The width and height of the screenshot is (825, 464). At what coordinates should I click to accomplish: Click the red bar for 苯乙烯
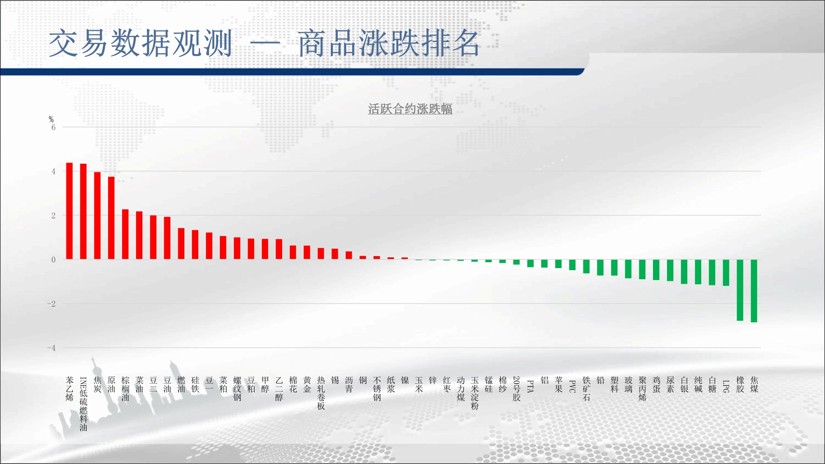[x=69, y=211]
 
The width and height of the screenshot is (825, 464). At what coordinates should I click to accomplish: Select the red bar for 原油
[x=111, y=218]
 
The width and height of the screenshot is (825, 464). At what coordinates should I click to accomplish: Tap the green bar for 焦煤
[x=754, y=291]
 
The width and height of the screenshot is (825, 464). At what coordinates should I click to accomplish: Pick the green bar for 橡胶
[x=740, y=290]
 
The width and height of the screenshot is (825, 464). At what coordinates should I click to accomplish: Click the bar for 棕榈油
[x=125, y=234]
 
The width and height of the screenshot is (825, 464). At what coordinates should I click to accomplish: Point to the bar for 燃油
[x=181, y=244]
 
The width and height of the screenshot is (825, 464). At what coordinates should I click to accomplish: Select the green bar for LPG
[x=726, y=273]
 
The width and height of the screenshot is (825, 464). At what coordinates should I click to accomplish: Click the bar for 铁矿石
[x=586, y=266]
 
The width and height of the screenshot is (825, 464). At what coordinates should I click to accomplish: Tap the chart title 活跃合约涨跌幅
[x=410, y=109]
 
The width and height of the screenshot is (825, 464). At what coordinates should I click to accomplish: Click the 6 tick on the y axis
[x=53, y=127]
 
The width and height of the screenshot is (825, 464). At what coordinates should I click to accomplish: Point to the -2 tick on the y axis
[x=51, y=304]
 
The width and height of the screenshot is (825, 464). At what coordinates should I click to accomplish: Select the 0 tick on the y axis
[x=53, y=260]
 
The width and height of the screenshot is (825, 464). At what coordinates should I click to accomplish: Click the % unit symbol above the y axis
[x=51, y=119]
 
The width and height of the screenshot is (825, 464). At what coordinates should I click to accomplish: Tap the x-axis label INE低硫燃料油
[x=83, y=404]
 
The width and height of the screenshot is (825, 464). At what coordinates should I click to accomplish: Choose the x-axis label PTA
[x=530, y=386]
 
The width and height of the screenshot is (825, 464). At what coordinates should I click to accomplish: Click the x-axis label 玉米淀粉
[x=475, y=393]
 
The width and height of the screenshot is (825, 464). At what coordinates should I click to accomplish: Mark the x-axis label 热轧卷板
[x=321, y=393]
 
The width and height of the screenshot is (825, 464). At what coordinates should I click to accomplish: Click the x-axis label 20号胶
[x=516, y=389]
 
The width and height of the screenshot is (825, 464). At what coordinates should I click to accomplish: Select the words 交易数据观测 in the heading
[x=140, y=43]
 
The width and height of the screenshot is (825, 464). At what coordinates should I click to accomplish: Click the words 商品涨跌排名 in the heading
[x=389, y=43]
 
